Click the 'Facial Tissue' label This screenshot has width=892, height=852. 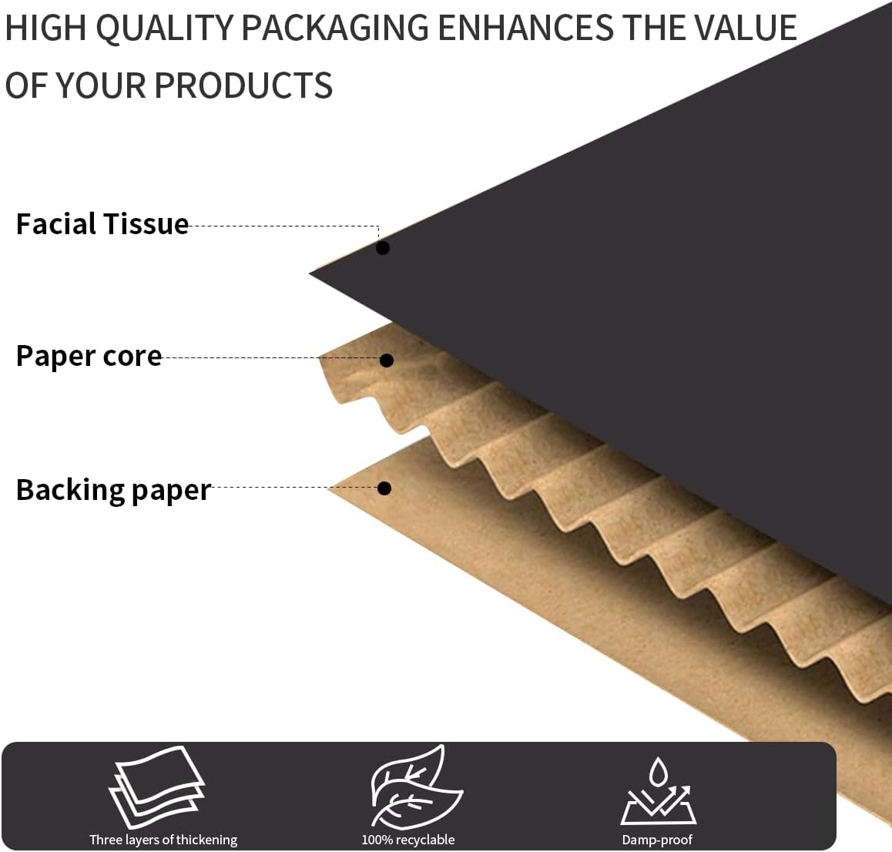tap(102, 224)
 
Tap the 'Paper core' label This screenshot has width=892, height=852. tap(89, 356)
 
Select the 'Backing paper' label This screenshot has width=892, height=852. tap(113, 490)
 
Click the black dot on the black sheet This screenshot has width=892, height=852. tap(383, 248)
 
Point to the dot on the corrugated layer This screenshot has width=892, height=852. tap(387, 361)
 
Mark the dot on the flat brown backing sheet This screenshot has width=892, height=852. tap(384, 488)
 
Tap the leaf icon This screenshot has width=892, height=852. tap(407, 787)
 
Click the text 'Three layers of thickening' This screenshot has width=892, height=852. tap(163, 840)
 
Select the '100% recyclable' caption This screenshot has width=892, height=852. tap(408, 840)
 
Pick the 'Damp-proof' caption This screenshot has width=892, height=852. tap(657, 840)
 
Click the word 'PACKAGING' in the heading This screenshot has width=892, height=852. tap(334, 29)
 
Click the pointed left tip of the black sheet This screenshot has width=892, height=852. tap(312, 273)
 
